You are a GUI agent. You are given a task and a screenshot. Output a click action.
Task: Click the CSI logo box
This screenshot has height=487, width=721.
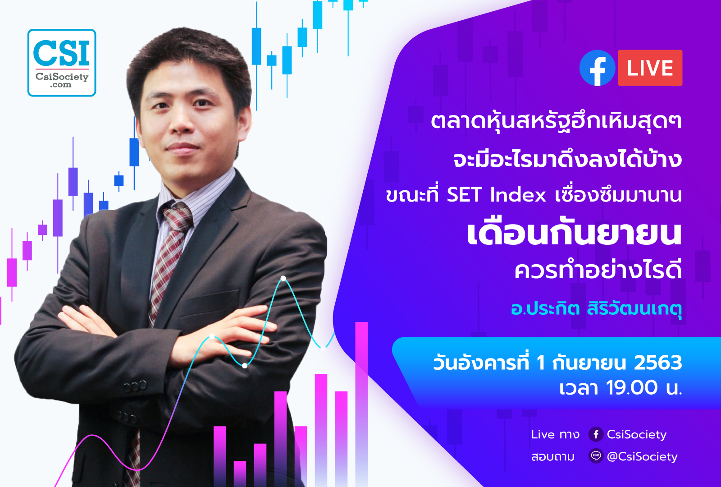tap(62, 63)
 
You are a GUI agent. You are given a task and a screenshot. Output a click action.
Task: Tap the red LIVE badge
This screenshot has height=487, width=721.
tap(650, 68)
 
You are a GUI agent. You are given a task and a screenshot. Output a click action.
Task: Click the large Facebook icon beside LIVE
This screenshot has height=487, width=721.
tap(598, 68)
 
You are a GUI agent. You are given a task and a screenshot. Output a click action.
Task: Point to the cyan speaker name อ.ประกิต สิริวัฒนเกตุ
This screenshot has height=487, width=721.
tap(596, 308)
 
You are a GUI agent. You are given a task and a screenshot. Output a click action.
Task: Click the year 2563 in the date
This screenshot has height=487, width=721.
tap(658, 363)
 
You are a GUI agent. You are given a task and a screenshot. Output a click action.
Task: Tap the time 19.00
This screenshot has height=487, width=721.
tap(632, 387)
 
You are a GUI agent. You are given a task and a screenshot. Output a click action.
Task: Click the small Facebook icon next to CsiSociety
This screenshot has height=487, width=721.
tap(596, 434)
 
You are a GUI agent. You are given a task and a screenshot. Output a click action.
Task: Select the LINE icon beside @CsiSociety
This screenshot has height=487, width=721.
tap(596, 456)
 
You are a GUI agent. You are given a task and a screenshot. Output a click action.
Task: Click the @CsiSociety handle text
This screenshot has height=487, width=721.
tap(642, 456)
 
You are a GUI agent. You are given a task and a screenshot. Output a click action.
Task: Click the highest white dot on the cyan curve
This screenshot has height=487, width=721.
tap(283, 278)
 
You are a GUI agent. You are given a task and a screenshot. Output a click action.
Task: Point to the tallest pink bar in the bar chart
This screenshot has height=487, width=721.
tap(361, 404)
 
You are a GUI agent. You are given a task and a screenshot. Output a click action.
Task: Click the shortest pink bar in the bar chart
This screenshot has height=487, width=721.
tap(240, 474)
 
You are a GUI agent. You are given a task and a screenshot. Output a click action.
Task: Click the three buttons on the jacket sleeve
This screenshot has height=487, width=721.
tap(135, 386)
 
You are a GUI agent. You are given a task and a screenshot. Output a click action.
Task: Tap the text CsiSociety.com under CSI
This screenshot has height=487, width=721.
tap(62, 80)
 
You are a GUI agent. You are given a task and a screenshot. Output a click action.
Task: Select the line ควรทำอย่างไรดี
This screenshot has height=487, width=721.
tap(598, 271)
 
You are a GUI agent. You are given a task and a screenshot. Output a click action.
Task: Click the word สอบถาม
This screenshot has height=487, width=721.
tap(552, 457)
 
